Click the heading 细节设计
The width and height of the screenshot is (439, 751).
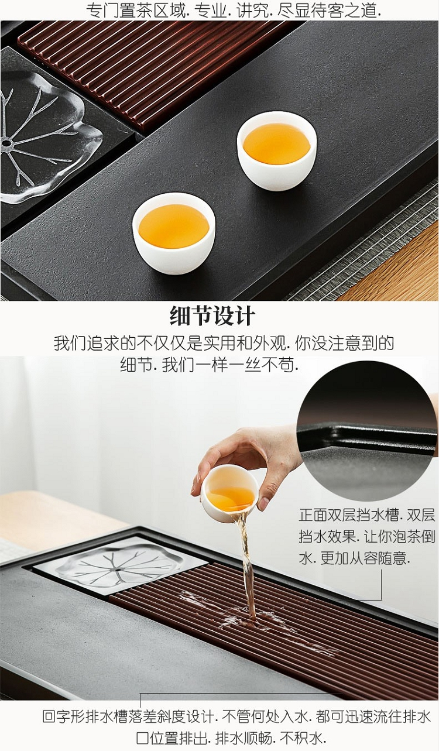coord(212,316)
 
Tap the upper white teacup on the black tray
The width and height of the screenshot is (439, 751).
coord(277,150)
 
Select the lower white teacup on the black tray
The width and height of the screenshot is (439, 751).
coord(174,233)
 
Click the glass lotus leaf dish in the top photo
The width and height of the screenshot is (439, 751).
coord(47,144)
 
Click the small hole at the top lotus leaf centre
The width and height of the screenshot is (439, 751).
coord(6,144)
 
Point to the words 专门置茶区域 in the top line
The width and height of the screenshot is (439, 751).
coord(135,11)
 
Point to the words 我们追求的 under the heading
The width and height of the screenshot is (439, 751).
coord(95,343)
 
